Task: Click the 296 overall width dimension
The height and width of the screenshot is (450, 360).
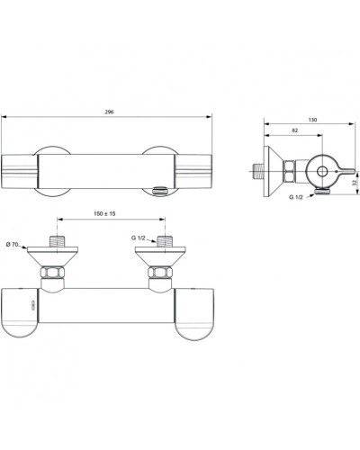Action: click(108, 112)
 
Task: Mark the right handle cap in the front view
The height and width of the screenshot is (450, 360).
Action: click(196, 315)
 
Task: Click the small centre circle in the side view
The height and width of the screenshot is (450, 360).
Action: click(320, 172)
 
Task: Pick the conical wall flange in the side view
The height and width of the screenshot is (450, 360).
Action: click(274, 170)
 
